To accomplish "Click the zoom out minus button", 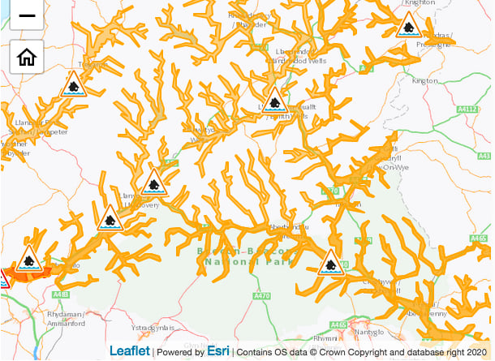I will pyautogui.click(x=26, y=15).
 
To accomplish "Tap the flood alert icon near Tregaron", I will pyautogui.click(x=74, y=85).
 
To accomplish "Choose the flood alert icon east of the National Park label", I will pyautogui.click(x=330, y=262).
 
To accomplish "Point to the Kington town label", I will pyautogui.click(x=424, y=81).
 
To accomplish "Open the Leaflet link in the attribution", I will pyautogui.click(x=130, y=351).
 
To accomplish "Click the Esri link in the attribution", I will pyautogui.click(x=217, y=351).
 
